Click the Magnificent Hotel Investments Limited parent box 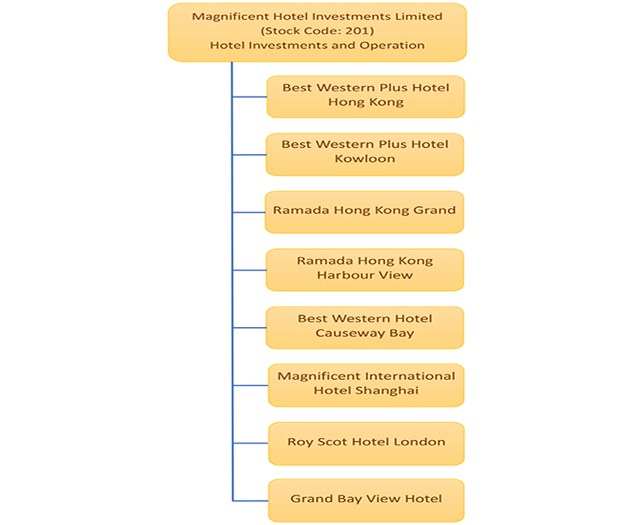click(x=317, y=30)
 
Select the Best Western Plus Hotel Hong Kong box click(x=365, y=95)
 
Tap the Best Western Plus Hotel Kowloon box click(x=365, y=152)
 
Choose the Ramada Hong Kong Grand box click(x=365, y=211)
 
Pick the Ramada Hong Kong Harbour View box click(x=365, y=268)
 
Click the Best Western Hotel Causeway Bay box click(x=365, y=326)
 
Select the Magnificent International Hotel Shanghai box click(x=365, y=383)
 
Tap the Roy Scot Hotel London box click(x=365, y=442)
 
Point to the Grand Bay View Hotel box click(x=365, y=499)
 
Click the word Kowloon click(x=365, y=159)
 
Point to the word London click(x=421, y=442)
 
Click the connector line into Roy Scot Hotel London click(x=250, y=443)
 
